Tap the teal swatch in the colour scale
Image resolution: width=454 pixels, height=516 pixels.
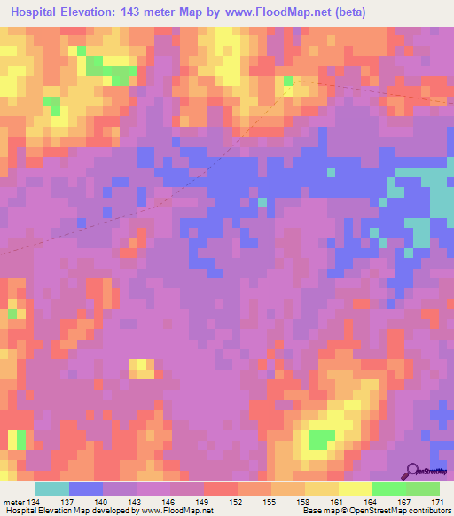[51, 489]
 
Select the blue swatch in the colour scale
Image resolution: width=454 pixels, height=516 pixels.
[85, 489]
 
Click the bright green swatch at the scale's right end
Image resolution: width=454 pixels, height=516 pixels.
[423, 489]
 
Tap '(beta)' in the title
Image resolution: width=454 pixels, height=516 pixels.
[344, 13]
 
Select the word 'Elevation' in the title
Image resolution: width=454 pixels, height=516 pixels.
[96, 13]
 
